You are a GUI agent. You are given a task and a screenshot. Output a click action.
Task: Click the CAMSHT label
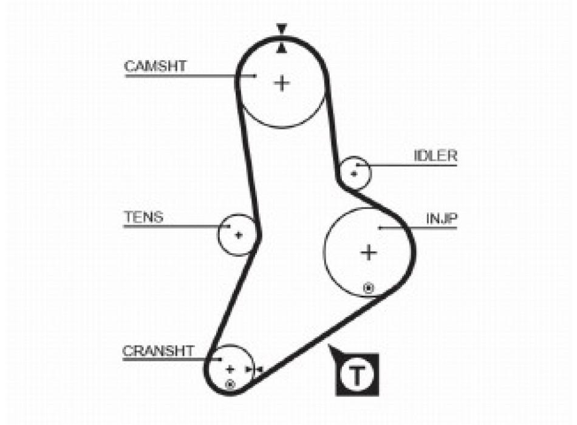[x=155, y=66]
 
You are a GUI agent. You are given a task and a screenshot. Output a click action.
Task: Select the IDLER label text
[x=435, y=155]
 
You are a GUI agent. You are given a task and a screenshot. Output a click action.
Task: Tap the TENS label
[x=143, y=217]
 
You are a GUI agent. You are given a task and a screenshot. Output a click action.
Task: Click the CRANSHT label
[x=159, y=350]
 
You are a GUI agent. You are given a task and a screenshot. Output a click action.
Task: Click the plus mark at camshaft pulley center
[x=282, y=83]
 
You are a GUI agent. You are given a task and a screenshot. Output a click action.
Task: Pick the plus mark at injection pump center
[x=369, y=251]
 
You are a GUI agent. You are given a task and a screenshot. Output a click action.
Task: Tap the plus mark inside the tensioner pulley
[x=239, y=235]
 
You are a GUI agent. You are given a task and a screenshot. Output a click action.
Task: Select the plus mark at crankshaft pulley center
[x=230, y=368]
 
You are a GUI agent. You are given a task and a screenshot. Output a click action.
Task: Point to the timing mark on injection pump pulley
[x=367, y=287]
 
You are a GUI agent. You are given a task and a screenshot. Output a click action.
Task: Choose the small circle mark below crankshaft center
[x=230, y=384]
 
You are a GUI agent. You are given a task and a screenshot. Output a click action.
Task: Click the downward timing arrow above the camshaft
[x=281, y=29]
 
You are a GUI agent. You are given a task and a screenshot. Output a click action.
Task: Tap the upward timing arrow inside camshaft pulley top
[x=281, y=47]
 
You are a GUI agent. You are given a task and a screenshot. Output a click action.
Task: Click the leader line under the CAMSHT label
[x=182, y=75]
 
